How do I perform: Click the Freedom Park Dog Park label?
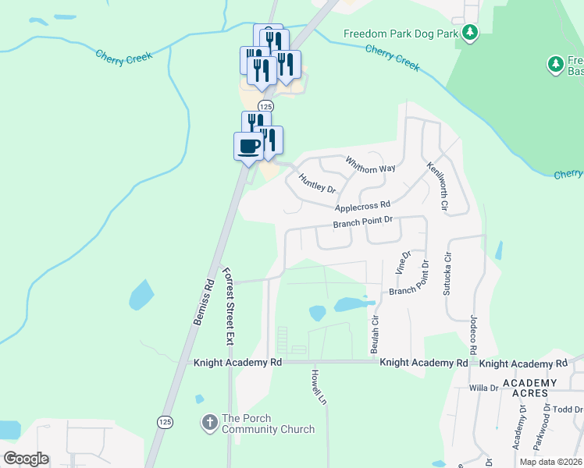[401, 34]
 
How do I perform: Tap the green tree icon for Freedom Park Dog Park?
[470, 32]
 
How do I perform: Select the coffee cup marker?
[249, 146]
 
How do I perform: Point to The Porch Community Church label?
[268, 424]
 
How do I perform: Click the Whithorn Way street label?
[372, 164]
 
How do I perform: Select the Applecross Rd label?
[361, 206]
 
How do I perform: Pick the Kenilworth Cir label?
[437, 187]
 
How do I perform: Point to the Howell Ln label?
[319, 386]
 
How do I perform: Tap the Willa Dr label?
[483, 387]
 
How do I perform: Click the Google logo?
[26, 458]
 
